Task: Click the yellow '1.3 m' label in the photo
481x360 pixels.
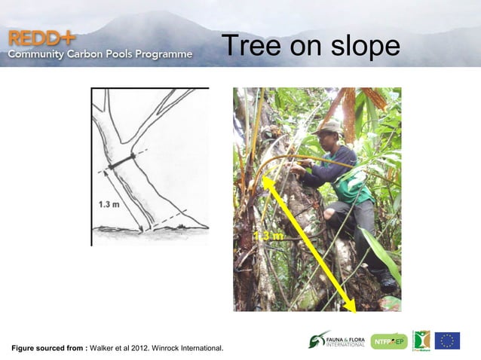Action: tap(268, 236)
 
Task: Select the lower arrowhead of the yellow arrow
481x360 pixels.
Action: tap(352, 307)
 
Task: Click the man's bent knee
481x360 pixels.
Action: tap(332, 215)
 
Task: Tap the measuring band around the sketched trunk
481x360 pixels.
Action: tap(121, 160)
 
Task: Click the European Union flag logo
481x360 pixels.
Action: tap(447, 340)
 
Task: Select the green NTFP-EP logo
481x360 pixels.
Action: tap(388, 341)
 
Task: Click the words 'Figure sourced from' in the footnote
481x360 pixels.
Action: tap(48, 348)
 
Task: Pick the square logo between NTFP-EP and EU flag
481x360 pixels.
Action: tap(421, 340)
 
